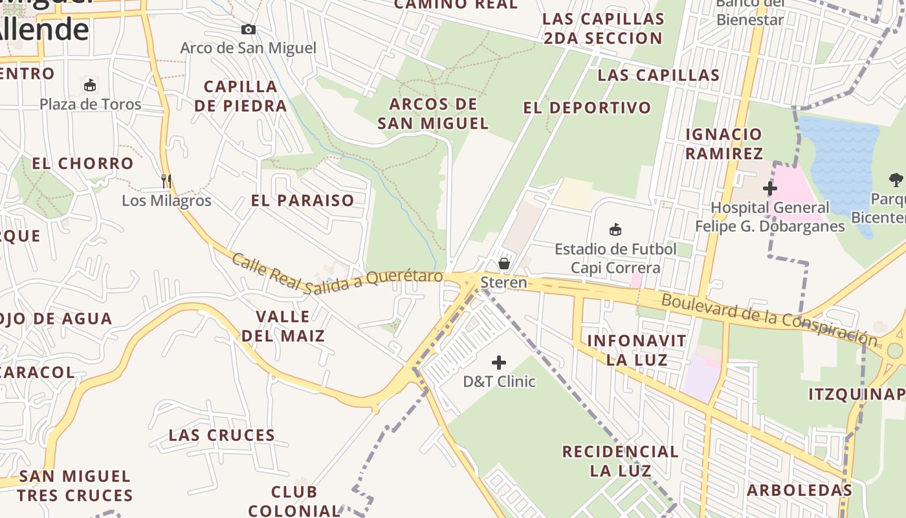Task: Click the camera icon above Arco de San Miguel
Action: [248, 29]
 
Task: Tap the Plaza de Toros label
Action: [91, 104]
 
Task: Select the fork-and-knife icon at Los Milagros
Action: [166, 181]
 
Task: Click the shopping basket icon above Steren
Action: [504, 264]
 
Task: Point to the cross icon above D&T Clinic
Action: [499, 363]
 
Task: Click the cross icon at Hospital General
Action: [770, 188]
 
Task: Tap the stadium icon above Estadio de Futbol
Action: [615, 229]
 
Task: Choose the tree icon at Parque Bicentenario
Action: [896, 179]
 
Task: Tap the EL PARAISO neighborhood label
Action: [303, 201]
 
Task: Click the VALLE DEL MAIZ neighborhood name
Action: [283, 326]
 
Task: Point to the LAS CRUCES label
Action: [222, 435]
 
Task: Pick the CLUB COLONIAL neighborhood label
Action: [294, 501]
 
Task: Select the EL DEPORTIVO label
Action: [587, 108]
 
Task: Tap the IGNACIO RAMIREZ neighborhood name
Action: [724, 144]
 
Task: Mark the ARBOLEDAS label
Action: [799, 490]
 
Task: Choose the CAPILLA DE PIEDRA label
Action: [241, 96]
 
